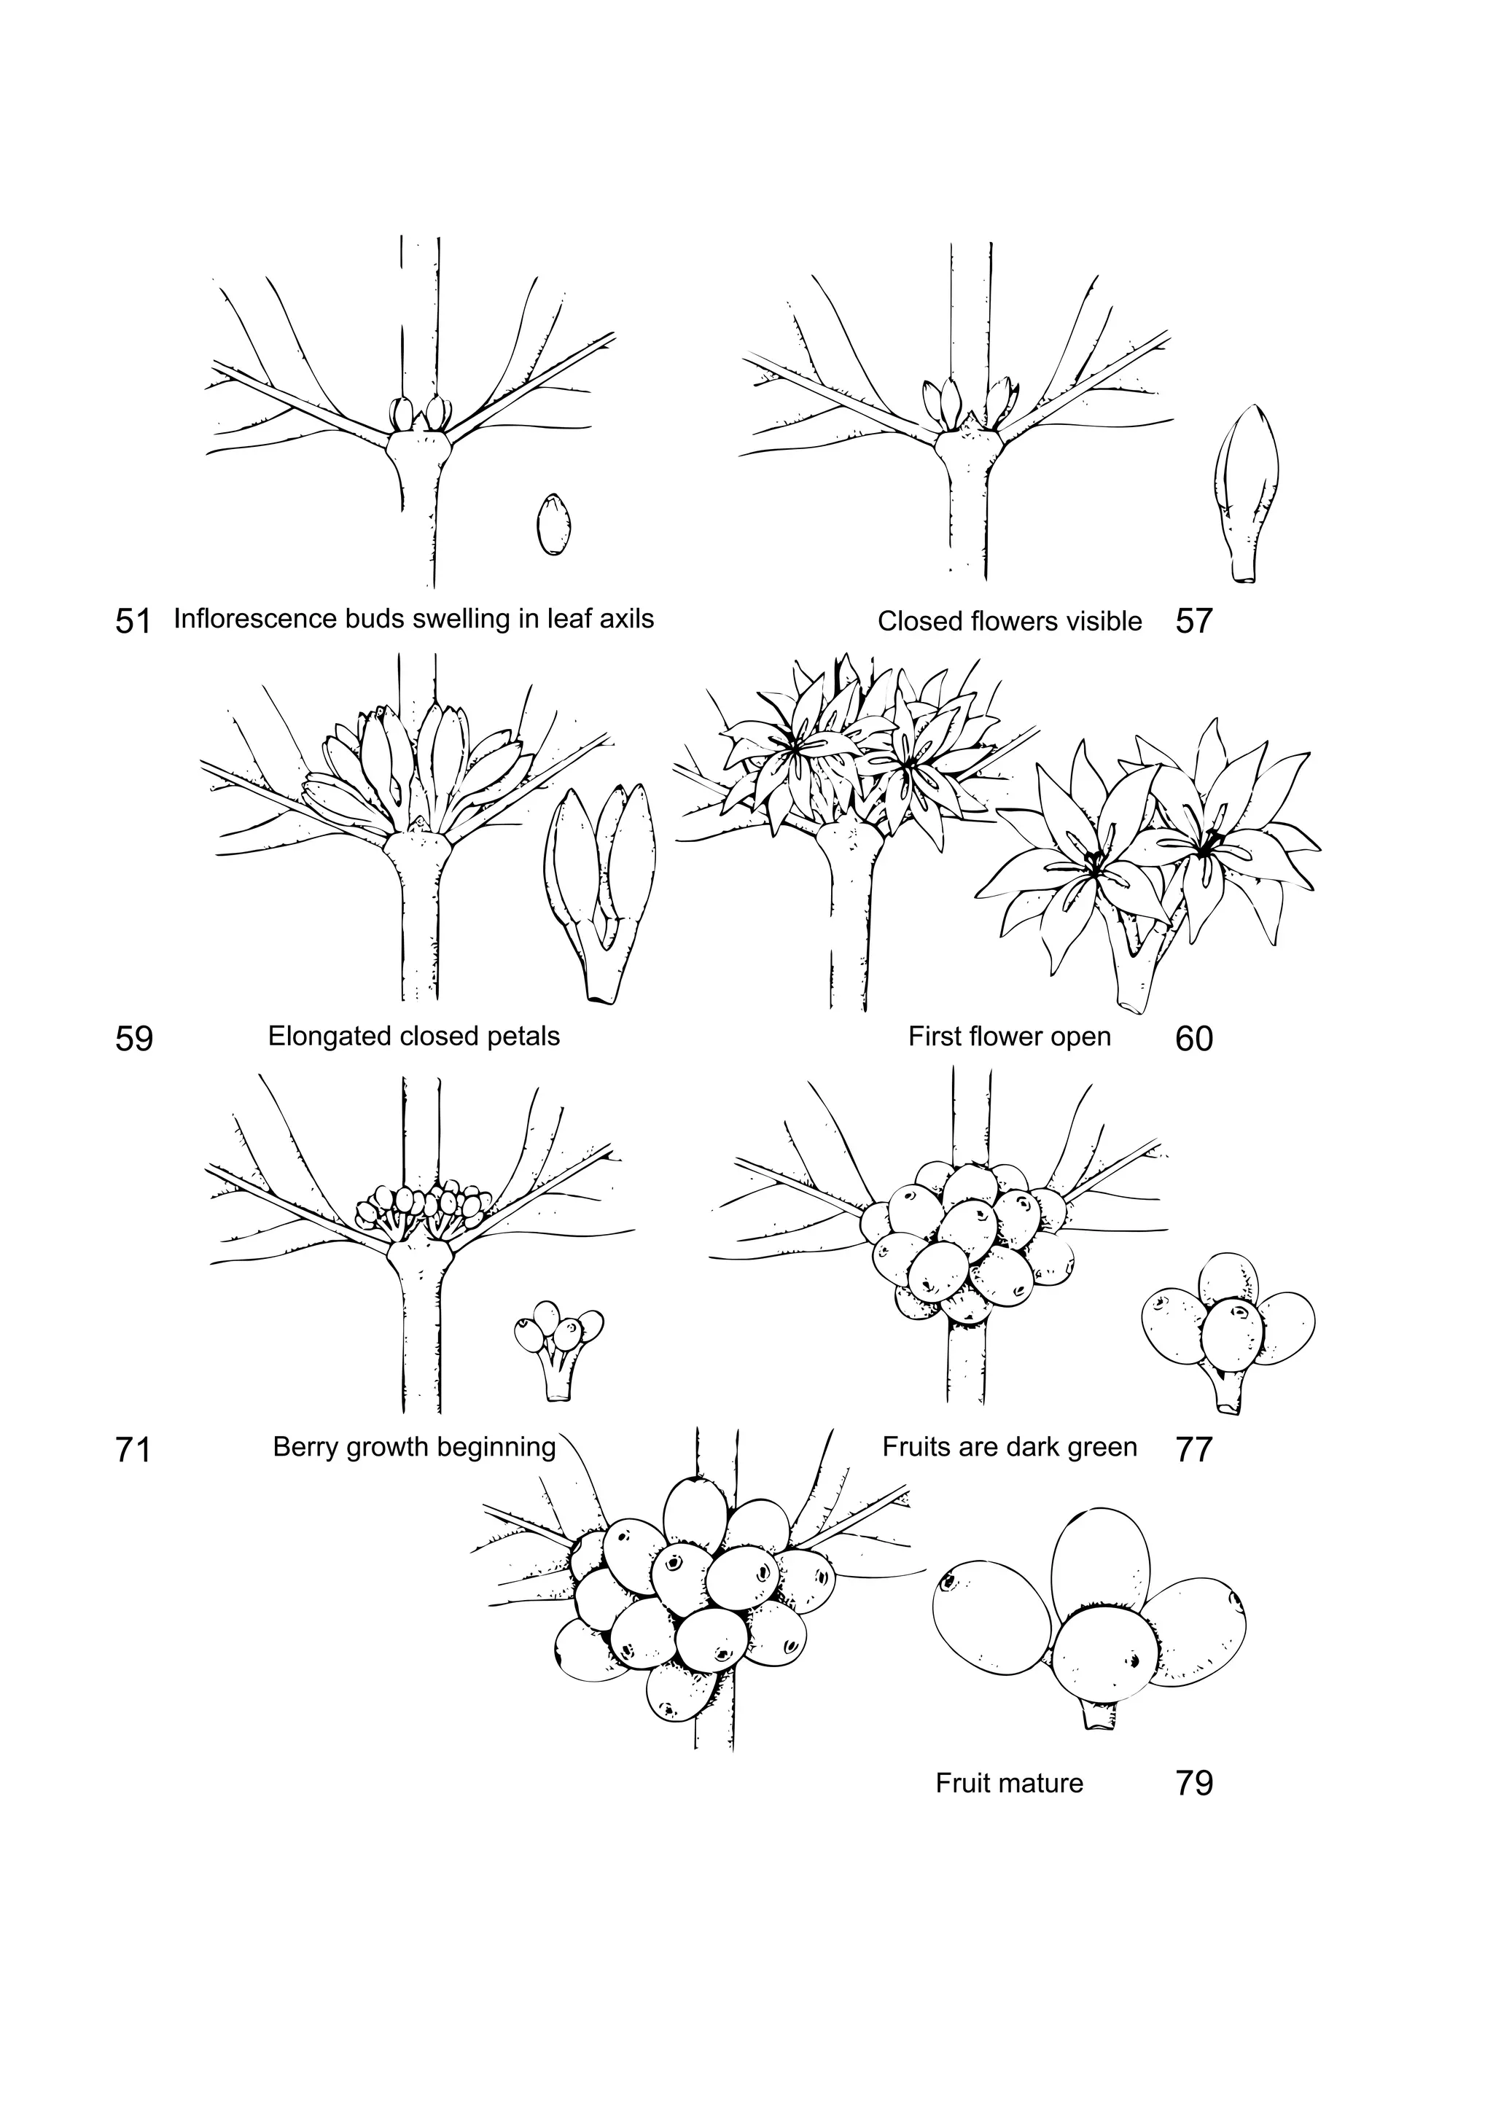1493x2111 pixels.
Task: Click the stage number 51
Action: point(133,622)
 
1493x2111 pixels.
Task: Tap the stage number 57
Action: point(1193,622)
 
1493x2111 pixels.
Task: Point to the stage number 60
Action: point(1193,1039)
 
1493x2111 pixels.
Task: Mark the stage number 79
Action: point(1193,1784)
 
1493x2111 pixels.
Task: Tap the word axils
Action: point(627,619)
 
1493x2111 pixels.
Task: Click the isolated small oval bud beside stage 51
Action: point(553,524)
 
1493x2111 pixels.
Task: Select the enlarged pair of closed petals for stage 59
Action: point(599,887)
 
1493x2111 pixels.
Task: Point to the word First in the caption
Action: point(932,1037)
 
